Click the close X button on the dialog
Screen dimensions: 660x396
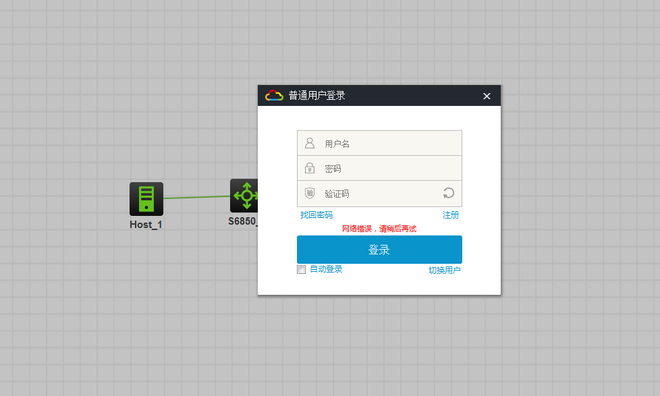coord(487,96)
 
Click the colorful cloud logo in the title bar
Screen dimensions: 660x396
coord(274,96)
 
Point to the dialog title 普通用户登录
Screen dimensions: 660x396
coord(317,96)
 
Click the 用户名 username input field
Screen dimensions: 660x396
coord(379,143)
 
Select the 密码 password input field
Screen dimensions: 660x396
coord(379,169)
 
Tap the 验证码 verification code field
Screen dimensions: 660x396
coord(379,194)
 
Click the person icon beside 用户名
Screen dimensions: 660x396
coord(310,143)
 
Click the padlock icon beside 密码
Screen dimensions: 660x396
coord(310,168)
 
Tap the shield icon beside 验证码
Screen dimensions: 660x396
coord(310,193)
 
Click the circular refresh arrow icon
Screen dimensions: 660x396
coord(449,193)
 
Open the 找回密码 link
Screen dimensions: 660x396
coord(317,215)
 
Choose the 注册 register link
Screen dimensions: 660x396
coord(451,215)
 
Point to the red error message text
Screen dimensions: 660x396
coord(379,229)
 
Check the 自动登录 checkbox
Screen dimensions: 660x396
coord(302,269)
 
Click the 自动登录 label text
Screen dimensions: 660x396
coord(326,269)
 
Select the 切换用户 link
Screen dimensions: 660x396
coord(445,270)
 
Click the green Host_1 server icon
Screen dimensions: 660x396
coord(146,198)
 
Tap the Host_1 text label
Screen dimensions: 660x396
coord(146,225)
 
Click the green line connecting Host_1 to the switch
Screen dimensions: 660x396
coord(196,197)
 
